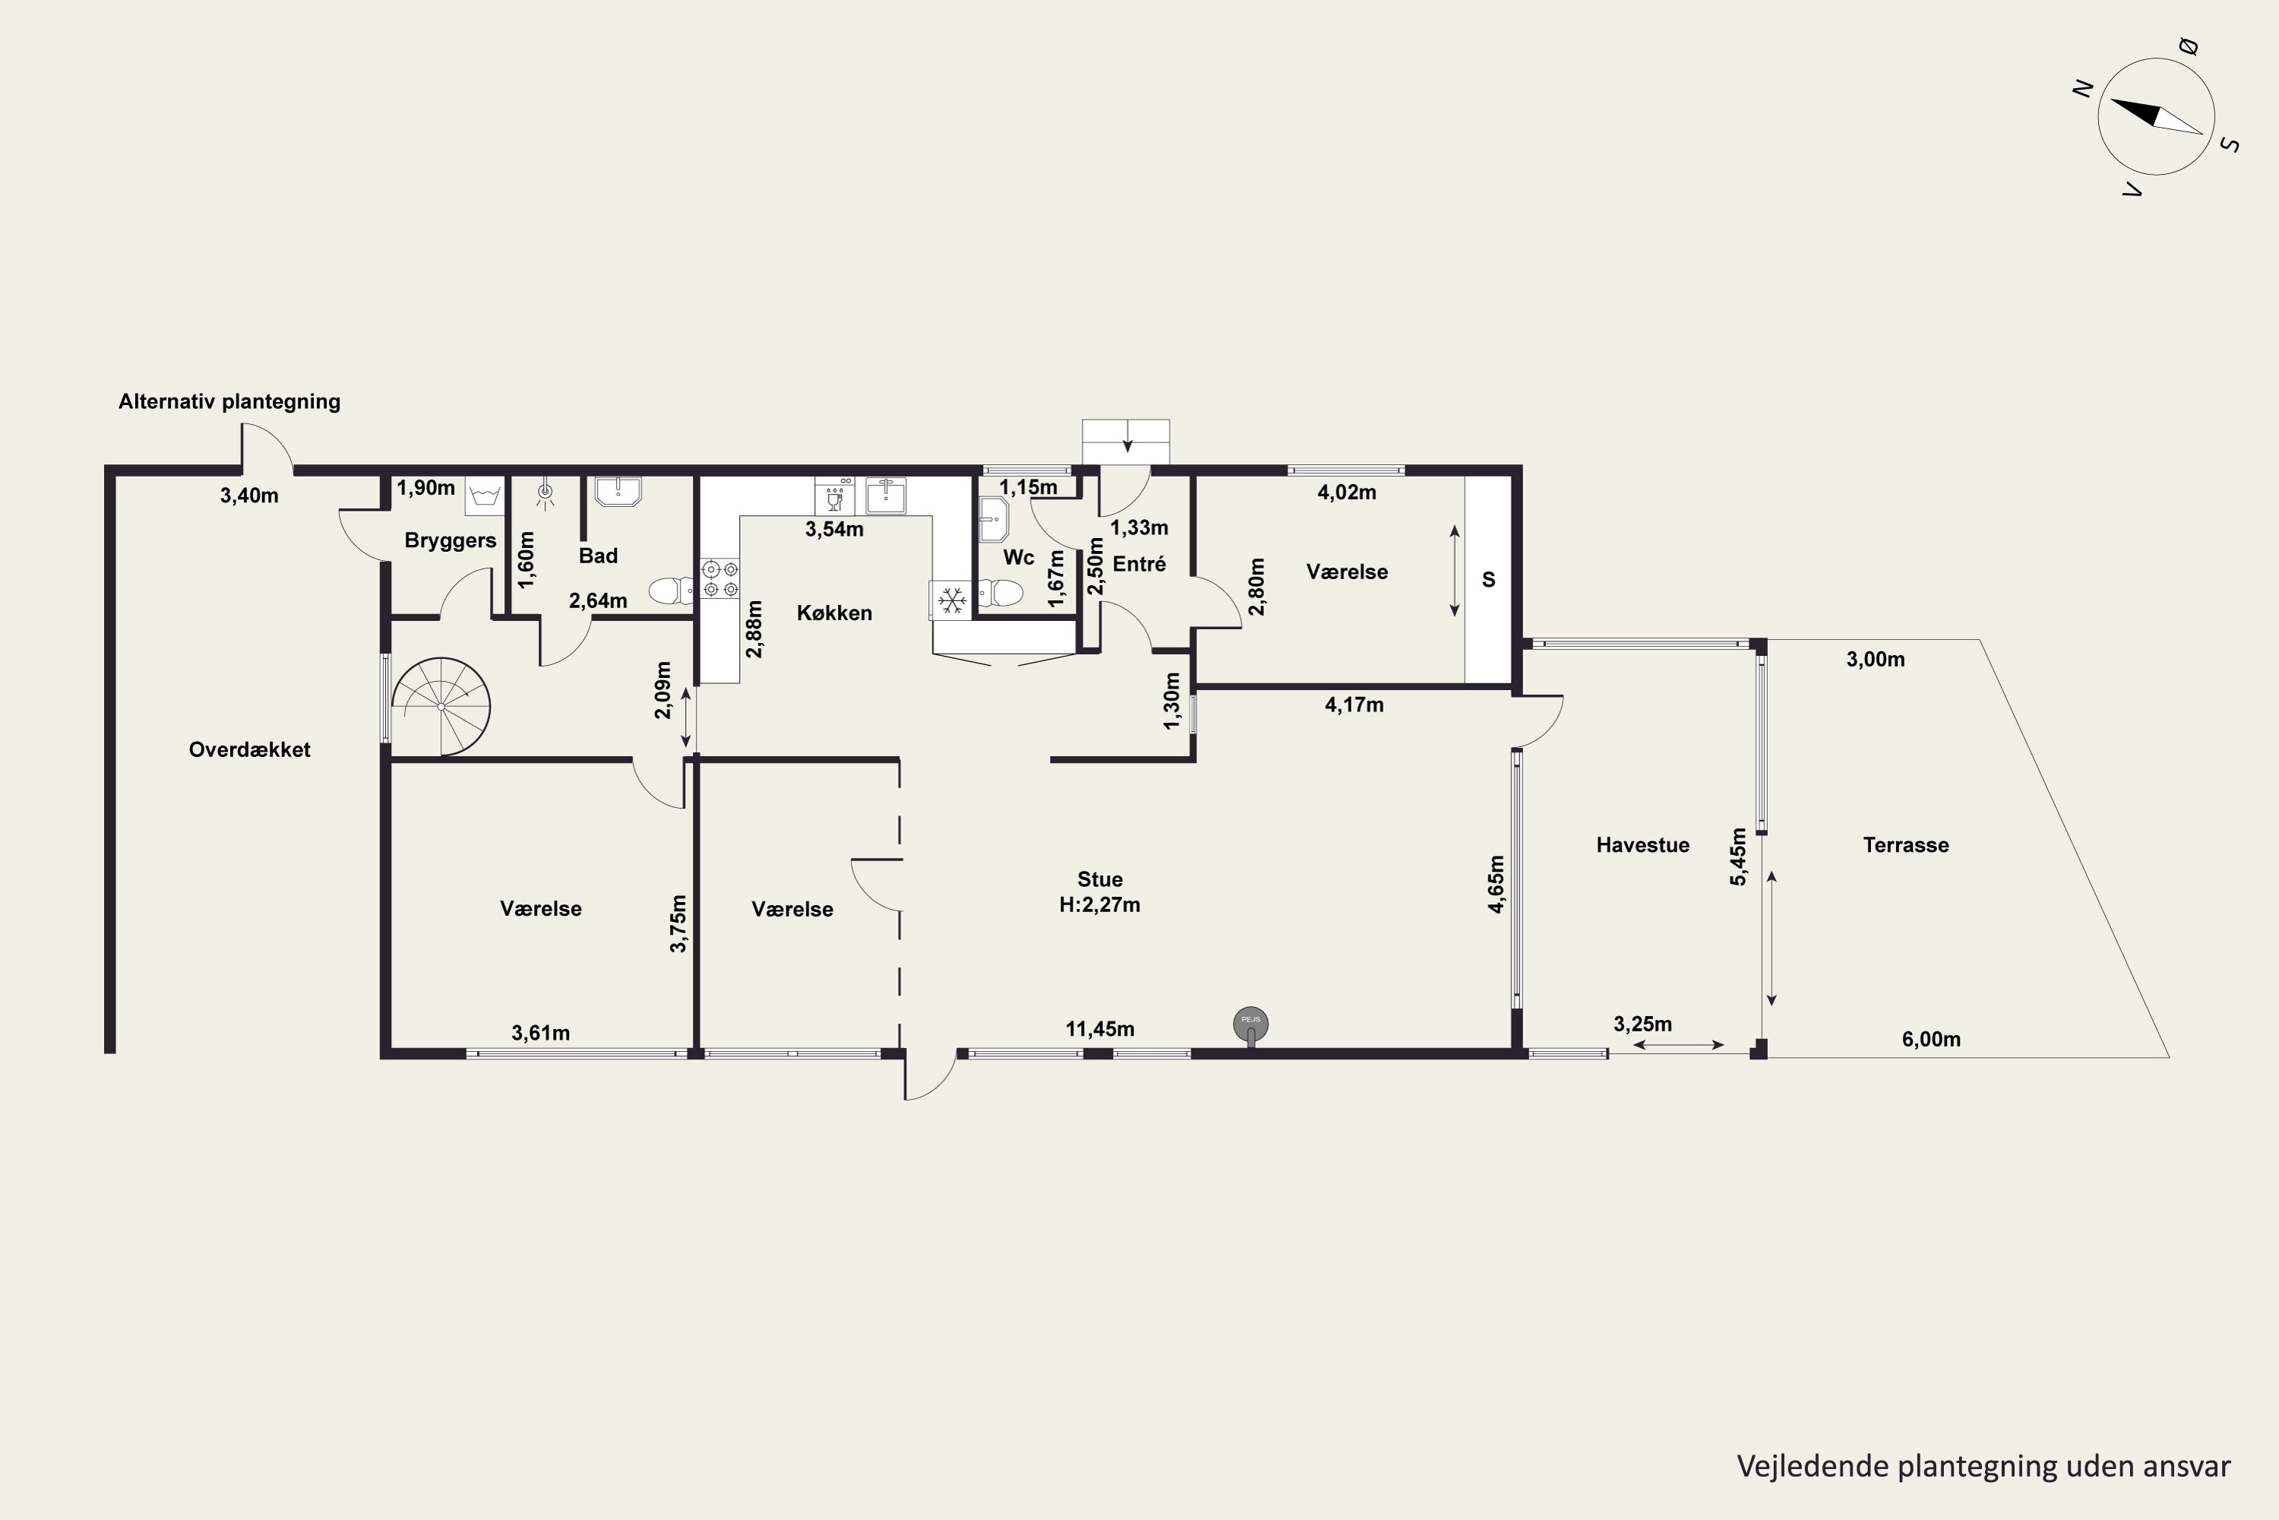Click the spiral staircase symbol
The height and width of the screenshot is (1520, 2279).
[x=441, y=706]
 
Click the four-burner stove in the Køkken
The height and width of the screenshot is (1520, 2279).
[x=720, y=578]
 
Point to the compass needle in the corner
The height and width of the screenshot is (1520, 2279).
[x=2156, y=116]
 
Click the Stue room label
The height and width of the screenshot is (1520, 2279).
[x=1100, y=879]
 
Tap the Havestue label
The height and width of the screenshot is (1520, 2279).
[x=1642, y=844]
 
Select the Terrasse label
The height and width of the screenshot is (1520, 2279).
[x=1906, y=844]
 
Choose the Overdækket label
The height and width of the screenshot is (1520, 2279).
[x=249, y=749]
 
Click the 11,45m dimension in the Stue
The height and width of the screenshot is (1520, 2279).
[x=1100, y=1028]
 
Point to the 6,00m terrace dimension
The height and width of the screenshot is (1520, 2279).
[x=1931, y=1039]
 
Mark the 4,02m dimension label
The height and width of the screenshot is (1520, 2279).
[x=1347, y=492]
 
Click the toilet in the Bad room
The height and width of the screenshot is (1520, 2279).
[x=671, y=590]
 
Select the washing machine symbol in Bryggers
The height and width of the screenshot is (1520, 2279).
[x=485, y=496]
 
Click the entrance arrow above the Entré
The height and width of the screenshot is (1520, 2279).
[x=1127, y=445]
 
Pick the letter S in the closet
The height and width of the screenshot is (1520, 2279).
[x=1488, y=580]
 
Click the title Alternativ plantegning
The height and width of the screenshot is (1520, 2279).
[x=229, y=401]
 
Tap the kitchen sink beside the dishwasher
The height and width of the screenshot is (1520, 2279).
[x=886, y=496]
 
